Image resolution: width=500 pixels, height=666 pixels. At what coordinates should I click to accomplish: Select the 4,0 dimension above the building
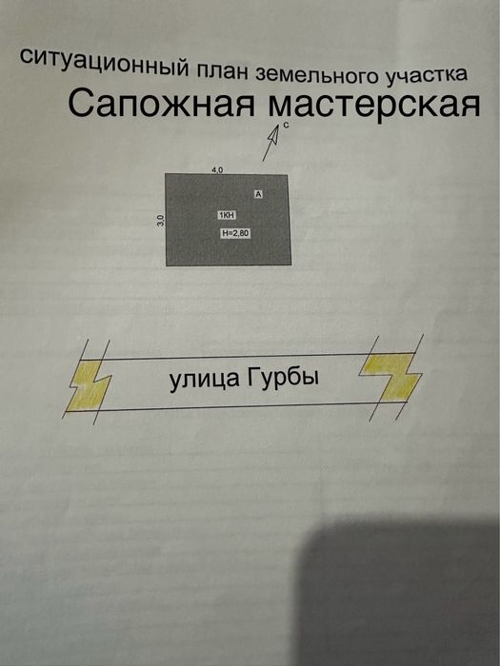tap(217, 169)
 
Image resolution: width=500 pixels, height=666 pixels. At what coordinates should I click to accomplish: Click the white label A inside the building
tap(257, 193)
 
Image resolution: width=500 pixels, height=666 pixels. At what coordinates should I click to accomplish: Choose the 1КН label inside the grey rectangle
tap(227, 216)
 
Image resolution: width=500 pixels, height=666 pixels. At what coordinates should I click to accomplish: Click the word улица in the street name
tap(203, 381)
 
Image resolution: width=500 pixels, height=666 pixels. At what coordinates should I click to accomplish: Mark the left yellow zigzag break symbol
tap(89, 381)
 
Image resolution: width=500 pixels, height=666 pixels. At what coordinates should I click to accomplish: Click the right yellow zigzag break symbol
tap(390, 373)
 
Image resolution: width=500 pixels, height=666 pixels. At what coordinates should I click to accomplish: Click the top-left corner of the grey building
tap(166, 174)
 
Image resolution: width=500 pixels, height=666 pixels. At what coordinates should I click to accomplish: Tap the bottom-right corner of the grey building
tap(290, 265)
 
